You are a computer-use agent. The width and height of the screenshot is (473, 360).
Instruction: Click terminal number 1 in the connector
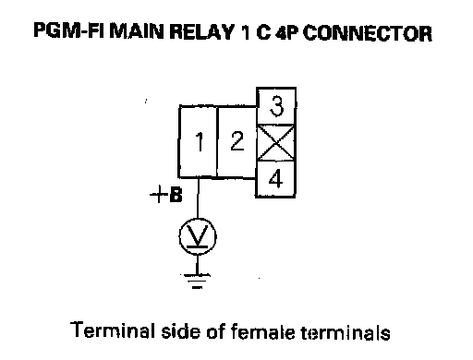[198, 141]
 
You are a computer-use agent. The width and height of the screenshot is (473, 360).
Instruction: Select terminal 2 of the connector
[236, 142]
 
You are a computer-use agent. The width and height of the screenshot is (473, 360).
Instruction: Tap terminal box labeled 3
[276, 106]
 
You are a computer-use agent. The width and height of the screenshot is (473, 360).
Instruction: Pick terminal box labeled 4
[275, 179]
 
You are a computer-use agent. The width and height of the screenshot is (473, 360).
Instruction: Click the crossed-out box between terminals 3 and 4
[275, 143]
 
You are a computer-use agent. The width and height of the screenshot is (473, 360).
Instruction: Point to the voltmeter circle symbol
[198, 236]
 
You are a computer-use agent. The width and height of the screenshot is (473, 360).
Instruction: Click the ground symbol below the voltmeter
[197, 282]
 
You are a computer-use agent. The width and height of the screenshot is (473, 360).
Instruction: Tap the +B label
[166, 195]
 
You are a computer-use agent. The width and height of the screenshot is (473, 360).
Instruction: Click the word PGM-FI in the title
[68, 31]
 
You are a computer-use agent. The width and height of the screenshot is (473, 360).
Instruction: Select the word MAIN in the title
[137, 31]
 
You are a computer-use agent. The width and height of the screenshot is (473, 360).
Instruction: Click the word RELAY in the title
[202, 31]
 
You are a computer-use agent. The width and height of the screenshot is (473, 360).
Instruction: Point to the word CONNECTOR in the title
[368, 33]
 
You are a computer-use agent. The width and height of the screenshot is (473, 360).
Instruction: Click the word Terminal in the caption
[113, 330]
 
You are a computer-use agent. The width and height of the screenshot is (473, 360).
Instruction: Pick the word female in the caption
[262, 331]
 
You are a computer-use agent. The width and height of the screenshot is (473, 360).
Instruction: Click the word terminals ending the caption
[346, 332]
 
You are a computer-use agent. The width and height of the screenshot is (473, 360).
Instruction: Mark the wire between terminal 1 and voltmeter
[198, 198]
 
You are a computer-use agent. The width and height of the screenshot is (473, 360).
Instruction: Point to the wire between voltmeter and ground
[197, 264]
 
